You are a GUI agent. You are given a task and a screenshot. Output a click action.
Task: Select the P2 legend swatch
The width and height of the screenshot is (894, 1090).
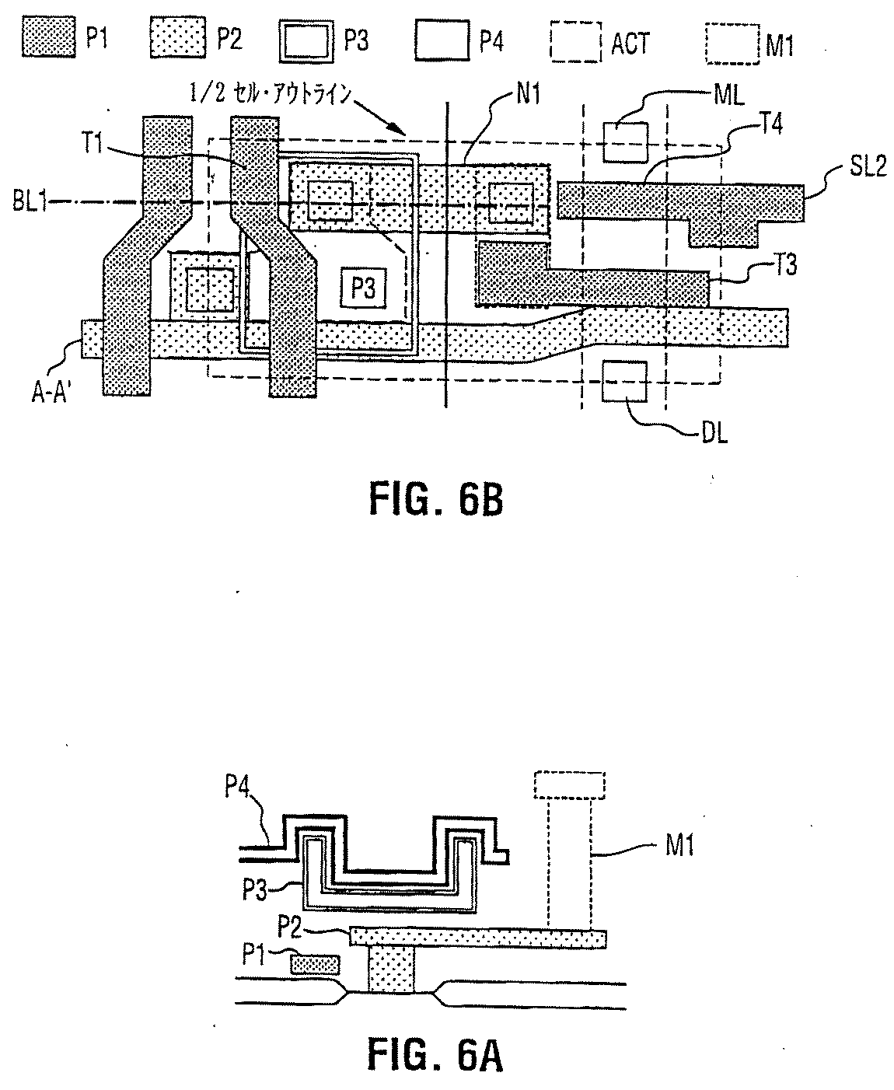click(x=178, y=38)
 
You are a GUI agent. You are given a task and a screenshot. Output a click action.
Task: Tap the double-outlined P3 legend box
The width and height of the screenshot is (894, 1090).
click(x=306, y=41)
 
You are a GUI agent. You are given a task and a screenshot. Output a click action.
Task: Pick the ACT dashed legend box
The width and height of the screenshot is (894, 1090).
click(x=576, y=42)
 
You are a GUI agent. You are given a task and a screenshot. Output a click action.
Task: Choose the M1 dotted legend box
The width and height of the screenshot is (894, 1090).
click(x=732, y=44)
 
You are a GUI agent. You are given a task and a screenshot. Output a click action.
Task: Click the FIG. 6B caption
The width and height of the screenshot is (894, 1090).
click(x=436, y=500)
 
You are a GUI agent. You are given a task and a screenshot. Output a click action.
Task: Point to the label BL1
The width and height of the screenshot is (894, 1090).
click(x=30, y=201)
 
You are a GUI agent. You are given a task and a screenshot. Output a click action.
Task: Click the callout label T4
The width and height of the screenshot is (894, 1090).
click(x=771, y=124)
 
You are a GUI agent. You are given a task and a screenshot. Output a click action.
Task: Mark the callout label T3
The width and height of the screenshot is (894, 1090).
click(x=785, y=264)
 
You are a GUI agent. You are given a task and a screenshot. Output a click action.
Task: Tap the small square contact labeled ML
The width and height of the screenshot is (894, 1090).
click(x=626, y=141)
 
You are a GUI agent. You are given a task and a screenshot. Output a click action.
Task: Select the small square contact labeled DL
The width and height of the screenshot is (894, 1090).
click(x=624, y=382)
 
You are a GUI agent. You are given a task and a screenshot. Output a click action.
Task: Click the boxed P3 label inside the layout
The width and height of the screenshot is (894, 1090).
click(x=363, y=288)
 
